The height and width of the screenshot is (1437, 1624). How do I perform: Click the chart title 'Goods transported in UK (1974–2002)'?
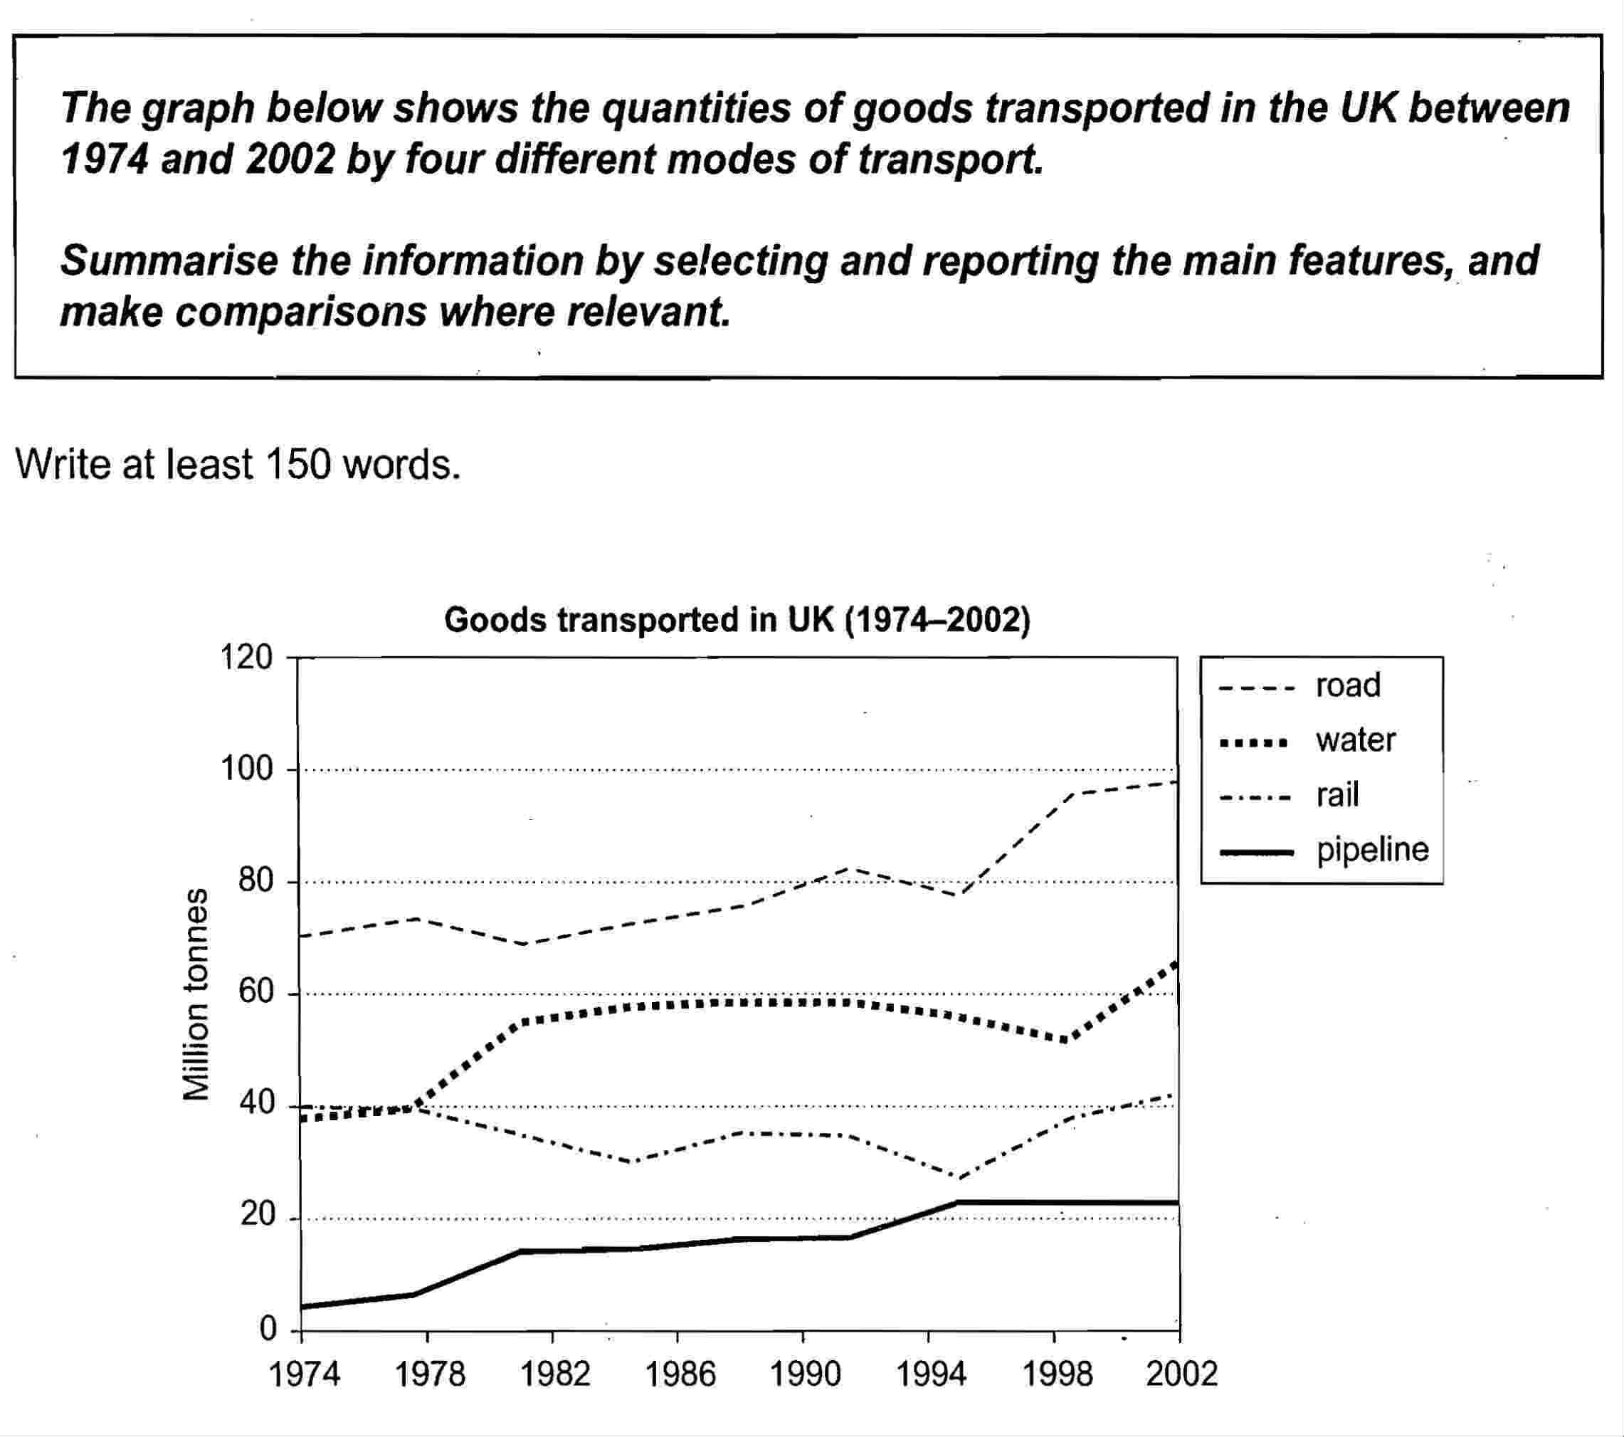click(x=737, y=620)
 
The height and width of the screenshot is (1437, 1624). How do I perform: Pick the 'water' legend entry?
click(x=1355, y=741)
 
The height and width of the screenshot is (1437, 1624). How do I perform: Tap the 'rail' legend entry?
click(x=1337, y=795)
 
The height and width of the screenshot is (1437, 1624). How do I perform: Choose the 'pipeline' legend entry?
click(x=1372, y=851)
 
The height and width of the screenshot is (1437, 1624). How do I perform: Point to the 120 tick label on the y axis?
click(x=247, y=658)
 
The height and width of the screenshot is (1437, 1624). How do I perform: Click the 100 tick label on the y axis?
click(x=247, y=770)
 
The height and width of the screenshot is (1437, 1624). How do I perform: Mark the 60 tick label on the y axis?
click(x=254, y=994)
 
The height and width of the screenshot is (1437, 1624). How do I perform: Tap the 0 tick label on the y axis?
click(x=268, y=1329)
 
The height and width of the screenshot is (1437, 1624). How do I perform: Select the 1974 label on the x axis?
click(x=305, y=1375)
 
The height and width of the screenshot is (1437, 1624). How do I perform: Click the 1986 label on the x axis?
click(x=680, y=1375)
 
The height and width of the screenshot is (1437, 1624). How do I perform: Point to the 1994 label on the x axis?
click(x=930, y=1375)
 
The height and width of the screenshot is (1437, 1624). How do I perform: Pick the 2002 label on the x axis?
click(x=1181, y=1375)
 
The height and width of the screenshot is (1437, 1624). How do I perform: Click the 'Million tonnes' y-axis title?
click(x=196, y=994)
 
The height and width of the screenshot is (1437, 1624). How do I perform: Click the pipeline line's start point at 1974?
click(x=302, y=1307)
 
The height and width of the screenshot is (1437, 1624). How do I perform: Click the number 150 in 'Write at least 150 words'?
click(x=296, y=465)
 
